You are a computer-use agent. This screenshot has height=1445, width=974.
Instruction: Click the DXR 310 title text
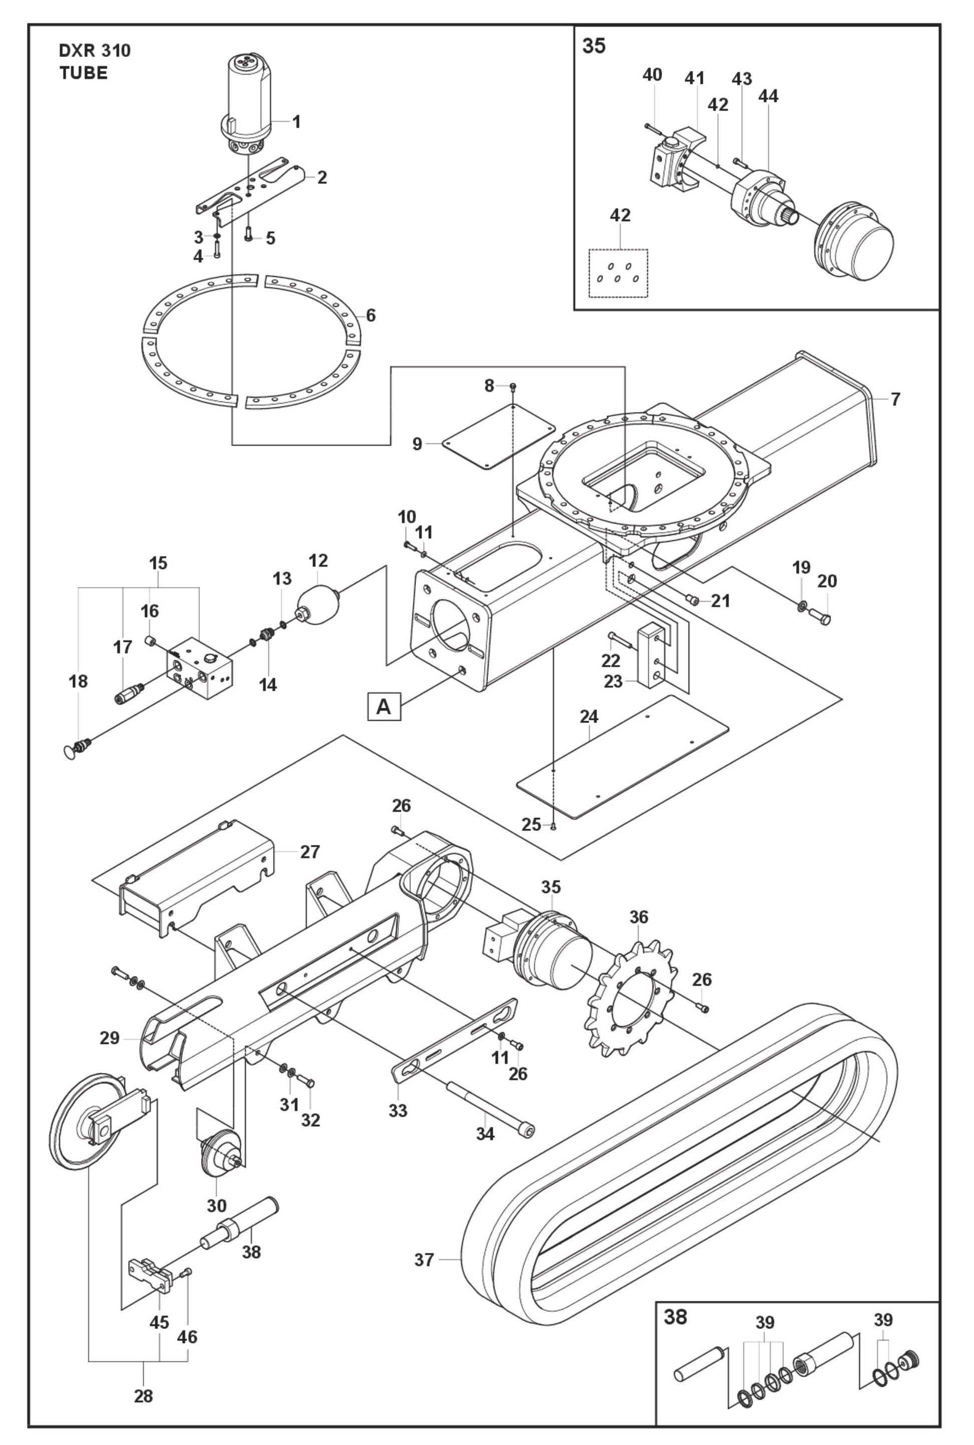click(x=95, y=51)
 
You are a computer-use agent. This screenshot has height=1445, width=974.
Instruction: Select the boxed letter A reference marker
click(x=384, y=706)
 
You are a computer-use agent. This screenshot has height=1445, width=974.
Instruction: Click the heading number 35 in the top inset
click(x=593, y=47)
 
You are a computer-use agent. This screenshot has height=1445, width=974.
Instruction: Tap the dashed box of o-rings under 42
click(x=618, y=273)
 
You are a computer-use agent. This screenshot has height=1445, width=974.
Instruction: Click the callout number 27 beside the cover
click(x=310, y=852)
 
